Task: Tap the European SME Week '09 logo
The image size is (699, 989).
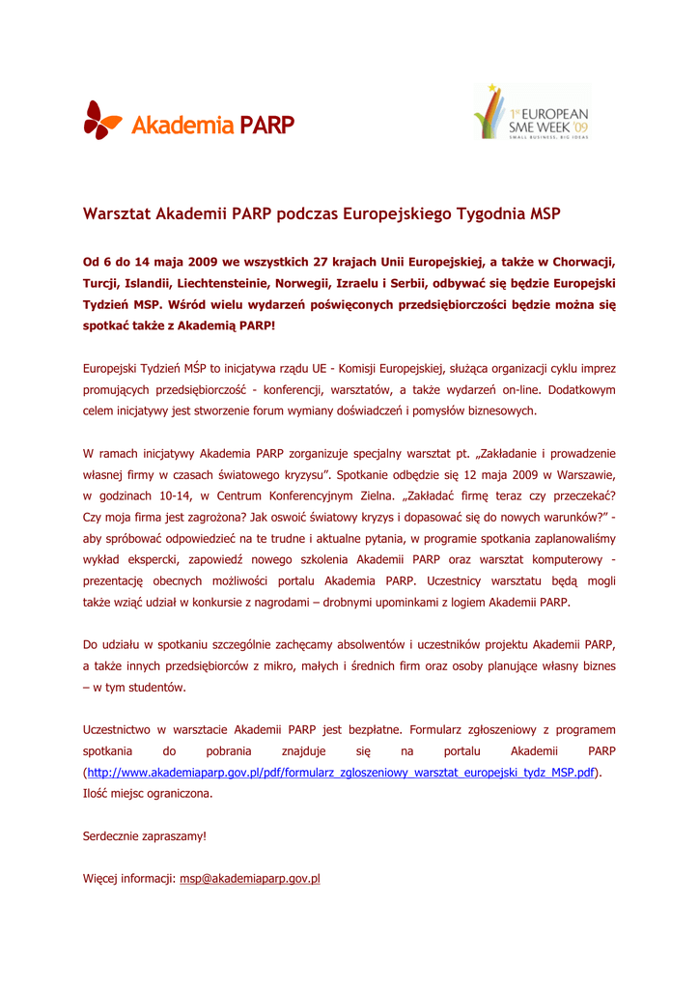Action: pyautogui.click(x=531, y=113)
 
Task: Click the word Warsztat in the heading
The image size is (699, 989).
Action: pyautogui.click(x=117, y=212)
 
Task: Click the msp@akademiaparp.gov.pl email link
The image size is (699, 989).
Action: pyautogui.click(x=250, y=879)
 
